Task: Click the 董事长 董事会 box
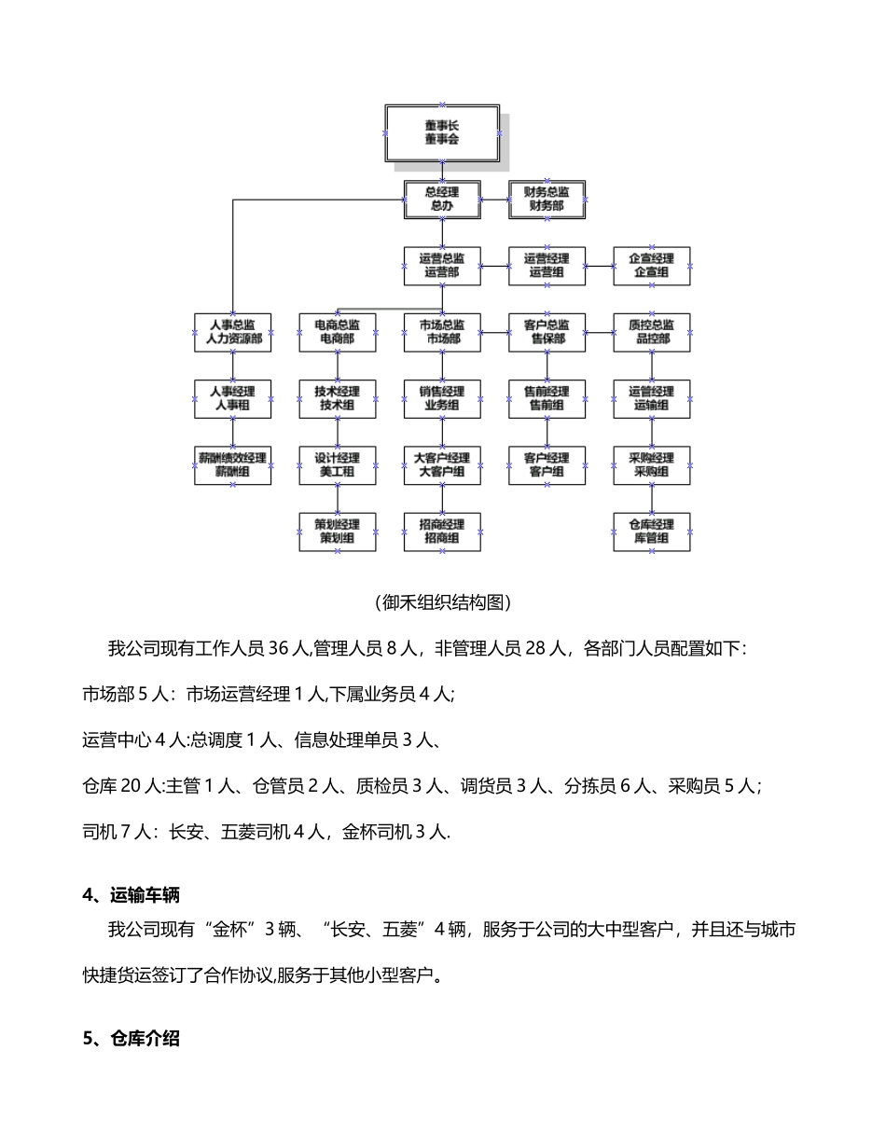tap(442, 131)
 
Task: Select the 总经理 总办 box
tap(442, 199)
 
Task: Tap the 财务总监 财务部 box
tap(547, 199)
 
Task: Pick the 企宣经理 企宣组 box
tap(652, 266)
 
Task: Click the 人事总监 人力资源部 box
tap(233, 332)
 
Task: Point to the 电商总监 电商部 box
tap(338, 332)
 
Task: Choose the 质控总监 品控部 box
tap(652, 332)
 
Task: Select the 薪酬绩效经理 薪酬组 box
tap(233, 465)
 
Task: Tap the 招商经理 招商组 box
tap(442, 532)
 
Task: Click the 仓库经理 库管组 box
tap(652, 532)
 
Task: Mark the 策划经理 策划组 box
tap(338, 532)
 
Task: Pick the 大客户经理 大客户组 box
tap(442, 465)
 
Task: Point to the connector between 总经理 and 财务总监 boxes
tap(495, 199)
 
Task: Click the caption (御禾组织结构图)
tap(442, 602)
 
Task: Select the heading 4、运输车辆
tap(132, 895)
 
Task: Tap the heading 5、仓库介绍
tap(132, 1039)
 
